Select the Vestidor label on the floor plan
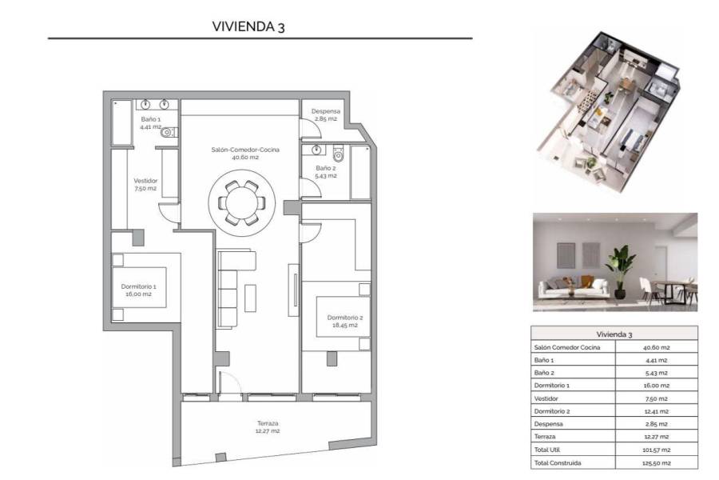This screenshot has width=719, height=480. click(x=145, y=184)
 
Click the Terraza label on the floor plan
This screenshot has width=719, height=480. click(x=268, y=426)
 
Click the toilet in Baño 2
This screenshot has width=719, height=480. click(x=338, y=153)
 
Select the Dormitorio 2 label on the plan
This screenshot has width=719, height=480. click(x=345, y=322)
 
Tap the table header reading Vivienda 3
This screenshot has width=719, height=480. click(x=614, y=334)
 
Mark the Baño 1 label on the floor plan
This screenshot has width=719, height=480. click(x=151, y=122)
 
